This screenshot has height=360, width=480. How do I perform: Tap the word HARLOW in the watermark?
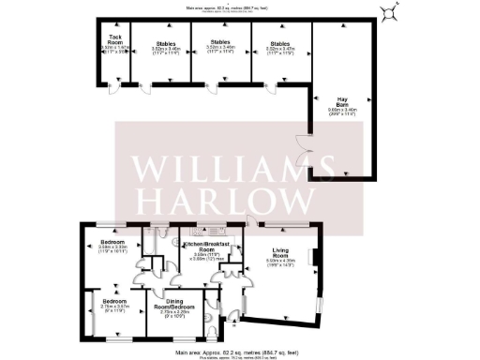tap(227, 200)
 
